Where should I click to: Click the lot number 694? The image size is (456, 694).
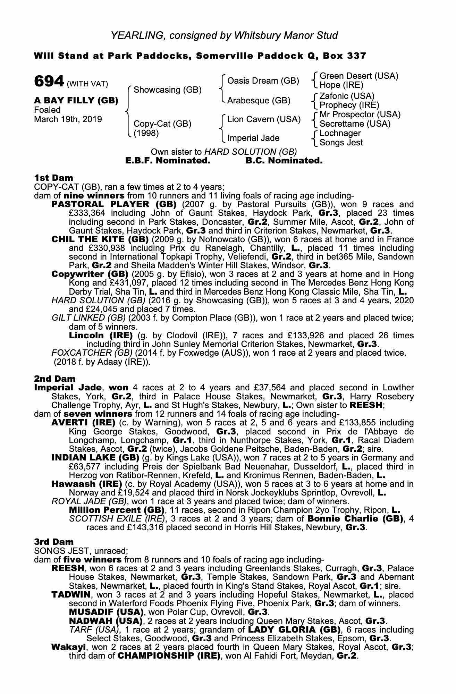(x=49, y=82)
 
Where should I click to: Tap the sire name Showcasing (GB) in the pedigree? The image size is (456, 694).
(x=167, y=90)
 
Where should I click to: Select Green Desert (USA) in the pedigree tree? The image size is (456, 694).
(x=358, y=76)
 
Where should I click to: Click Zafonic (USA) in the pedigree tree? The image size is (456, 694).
(x=347, y=96)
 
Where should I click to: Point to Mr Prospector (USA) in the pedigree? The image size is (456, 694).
(x=360, y=115)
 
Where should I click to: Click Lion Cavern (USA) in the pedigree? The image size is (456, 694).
(x=263, y=119)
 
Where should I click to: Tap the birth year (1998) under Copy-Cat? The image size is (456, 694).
(x=146, y=133)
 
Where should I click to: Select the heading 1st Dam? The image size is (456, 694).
(x=53, y=178)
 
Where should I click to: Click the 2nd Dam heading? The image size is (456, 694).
(x=54, y=379)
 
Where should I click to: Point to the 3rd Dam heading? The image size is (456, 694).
(x=54, y=542)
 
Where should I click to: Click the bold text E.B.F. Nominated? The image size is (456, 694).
(x=168, y=161)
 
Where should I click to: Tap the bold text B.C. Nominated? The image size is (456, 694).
(x=284, y=161)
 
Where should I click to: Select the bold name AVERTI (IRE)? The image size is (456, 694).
(x=83, y=423)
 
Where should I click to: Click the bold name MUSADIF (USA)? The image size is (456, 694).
(x=106, y=612)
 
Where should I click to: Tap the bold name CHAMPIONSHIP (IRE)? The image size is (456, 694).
(x=169, y=656)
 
